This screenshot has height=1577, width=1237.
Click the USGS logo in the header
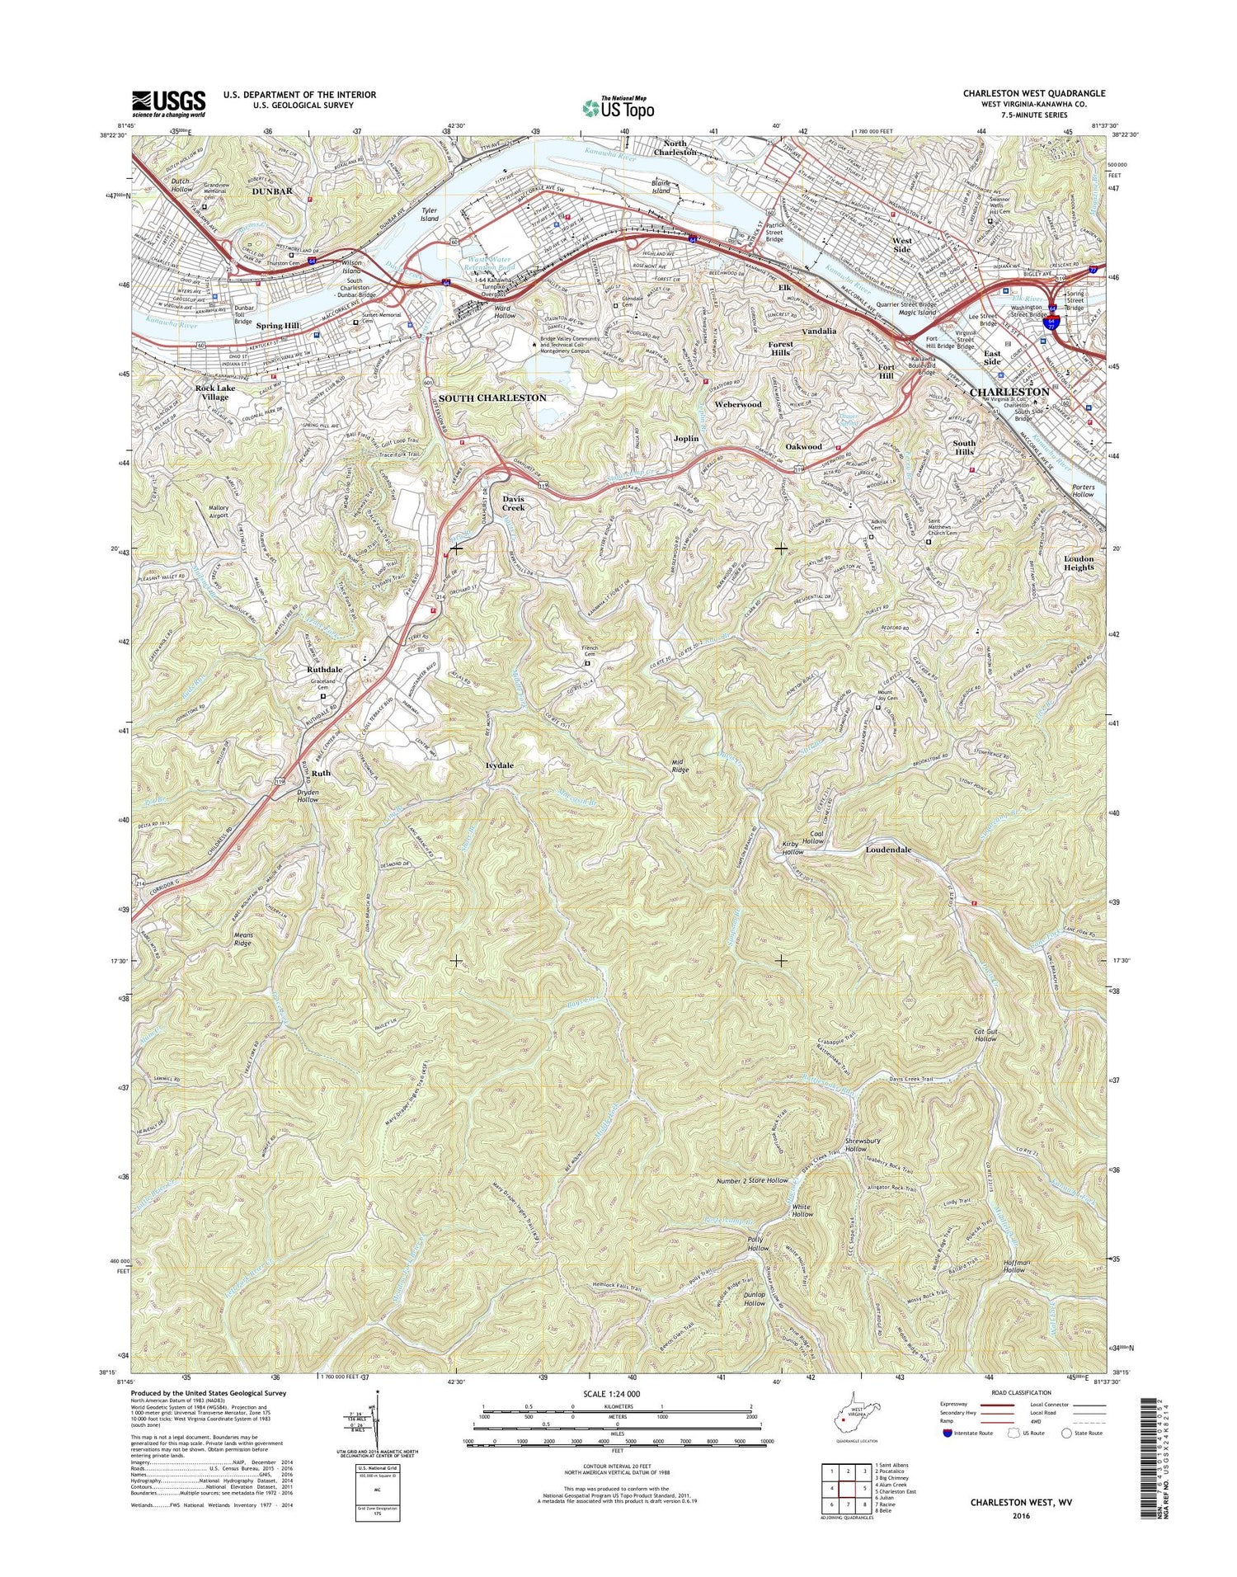tap(168, 104)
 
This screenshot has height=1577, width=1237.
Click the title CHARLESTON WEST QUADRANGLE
tap(1033, 94)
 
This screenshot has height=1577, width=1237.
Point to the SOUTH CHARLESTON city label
tap(492, 398)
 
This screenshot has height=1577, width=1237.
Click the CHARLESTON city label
tap(1009, 392)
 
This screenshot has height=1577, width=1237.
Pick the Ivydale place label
tap(499, 765)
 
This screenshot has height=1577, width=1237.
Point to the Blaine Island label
tap(661, 186)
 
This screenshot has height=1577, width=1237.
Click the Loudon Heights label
tap(1078, 563)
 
